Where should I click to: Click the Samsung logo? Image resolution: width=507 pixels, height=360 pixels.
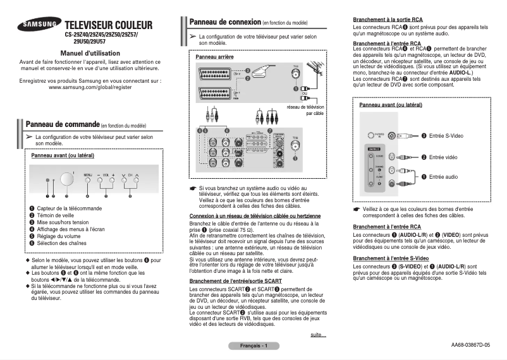(x=39, y=25)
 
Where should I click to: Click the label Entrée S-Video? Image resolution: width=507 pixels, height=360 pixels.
(x=446, y=136)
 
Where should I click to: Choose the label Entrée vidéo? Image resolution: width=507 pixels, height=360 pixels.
(x=443, y=157)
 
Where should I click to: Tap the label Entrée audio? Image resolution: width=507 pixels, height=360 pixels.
(x=443, y=177)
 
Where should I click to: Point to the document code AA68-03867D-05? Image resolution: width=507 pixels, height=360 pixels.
(x=470, y=345)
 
